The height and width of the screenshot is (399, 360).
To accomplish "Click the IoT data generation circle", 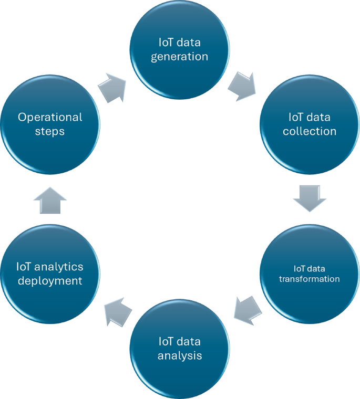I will click(x=180, y=49).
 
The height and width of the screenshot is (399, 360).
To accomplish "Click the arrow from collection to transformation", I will click(x=309, y=197).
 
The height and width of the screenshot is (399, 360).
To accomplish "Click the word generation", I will click(x=180, y=56).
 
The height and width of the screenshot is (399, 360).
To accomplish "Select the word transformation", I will click(x=309, y=279).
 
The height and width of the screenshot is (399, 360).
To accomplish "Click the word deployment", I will click(x=50, y=281).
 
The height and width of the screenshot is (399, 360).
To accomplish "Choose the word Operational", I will click(x=50, y=117).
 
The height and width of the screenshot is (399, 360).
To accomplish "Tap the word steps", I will click(x=50, y=131).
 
